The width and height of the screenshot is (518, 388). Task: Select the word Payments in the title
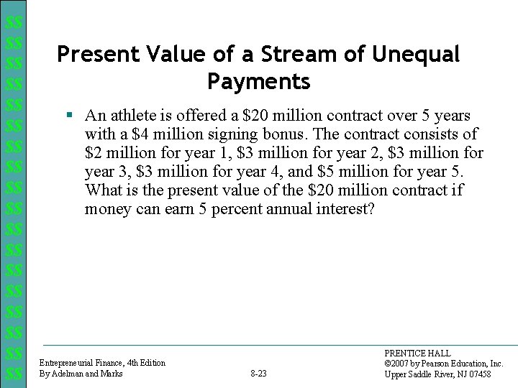tap(258, 82)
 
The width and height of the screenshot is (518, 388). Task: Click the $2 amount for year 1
tap(94, 153)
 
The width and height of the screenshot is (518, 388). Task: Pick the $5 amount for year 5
tap(325, 172)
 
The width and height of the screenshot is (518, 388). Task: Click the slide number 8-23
tap(258, 374)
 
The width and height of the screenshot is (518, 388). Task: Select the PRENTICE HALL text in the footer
tap(417, 354)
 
